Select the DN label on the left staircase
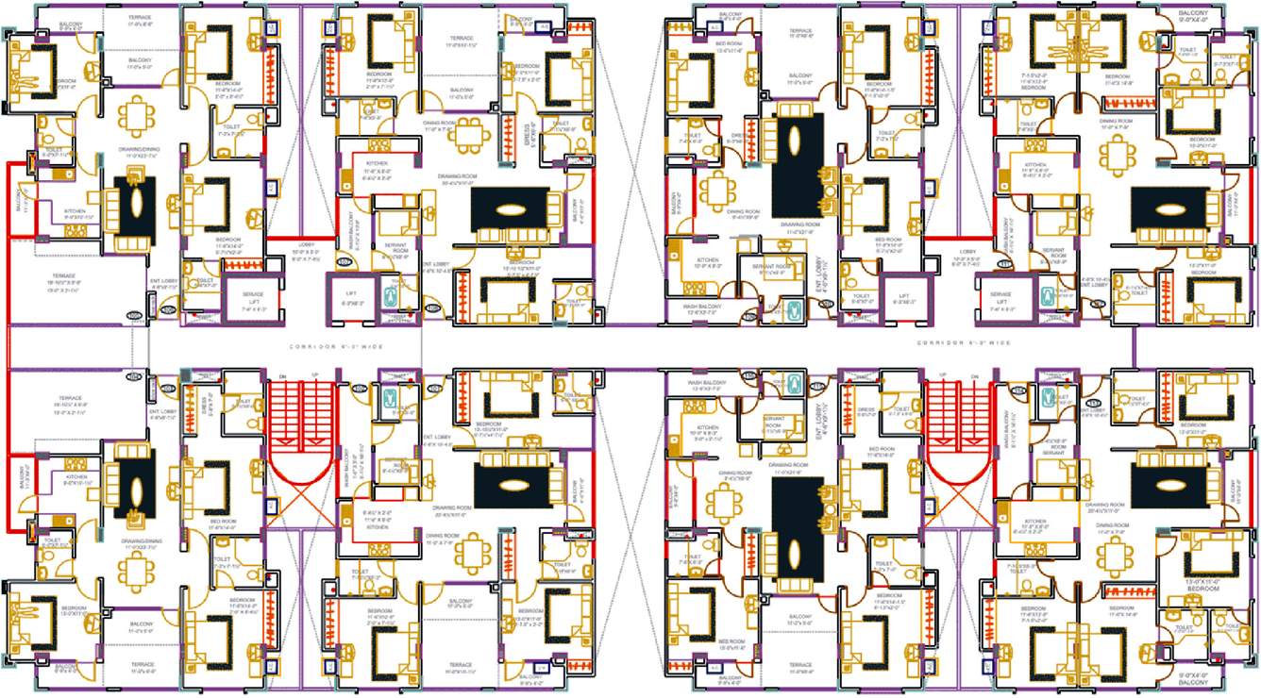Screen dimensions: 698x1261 (x=282, y=377)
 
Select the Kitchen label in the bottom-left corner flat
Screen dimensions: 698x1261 (x=76, y=477)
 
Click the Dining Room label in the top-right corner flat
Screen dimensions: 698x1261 (x=1117, y=122)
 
